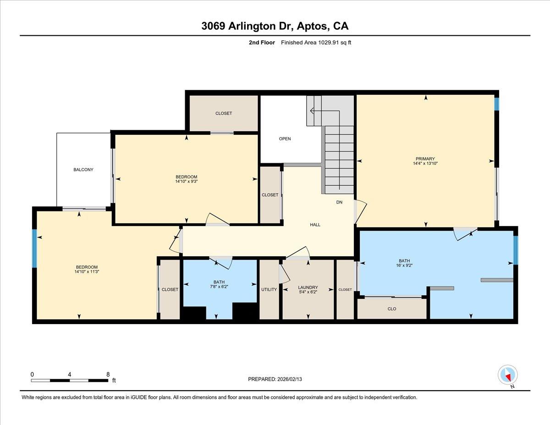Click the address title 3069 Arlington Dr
point(275,26)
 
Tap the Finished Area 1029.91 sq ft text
point(316,43)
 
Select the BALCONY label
point(83,170)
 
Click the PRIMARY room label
point(425,159)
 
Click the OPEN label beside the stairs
point(285,138)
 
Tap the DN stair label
point(339,202)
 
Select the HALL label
point(315,225)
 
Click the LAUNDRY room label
point(308,287)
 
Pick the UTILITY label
point(269,289)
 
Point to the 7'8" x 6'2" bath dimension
point(219,287)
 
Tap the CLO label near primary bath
point(392,309)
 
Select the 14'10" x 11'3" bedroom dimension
point(87,271)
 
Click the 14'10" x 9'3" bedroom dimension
point(186,181)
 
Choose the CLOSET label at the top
point(224,113)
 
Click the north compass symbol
point(508,375)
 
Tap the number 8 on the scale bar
point(108,374)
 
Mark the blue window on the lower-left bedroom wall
point(34,248)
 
